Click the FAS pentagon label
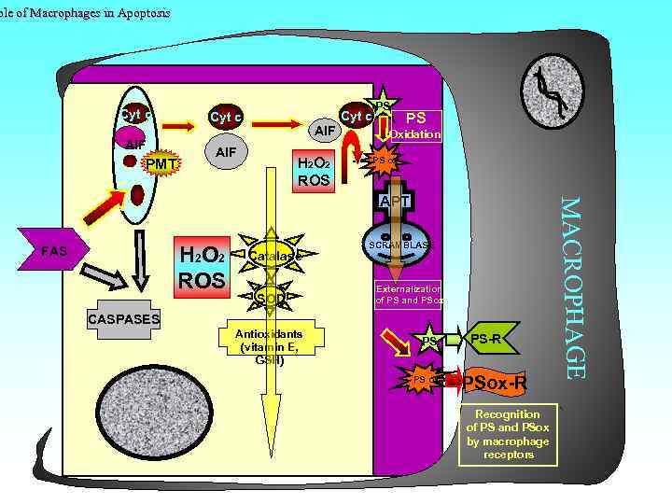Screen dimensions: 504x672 pos(57,252)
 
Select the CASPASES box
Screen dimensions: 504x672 pos(123,320)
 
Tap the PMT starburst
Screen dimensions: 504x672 pos(161,165)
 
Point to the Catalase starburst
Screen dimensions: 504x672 pos(273,254)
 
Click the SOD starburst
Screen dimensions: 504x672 pos(272,298)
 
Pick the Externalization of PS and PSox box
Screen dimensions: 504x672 pos(410,295)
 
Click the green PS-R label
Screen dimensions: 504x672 pos(489,338)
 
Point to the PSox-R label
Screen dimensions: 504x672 pos(495,383)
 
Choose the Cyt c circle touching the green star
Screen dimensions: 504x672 pos(357,117)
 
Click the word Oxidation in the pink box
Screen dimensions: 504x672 pos(415,134)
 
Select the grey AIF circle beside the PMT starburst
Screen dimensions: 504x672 pos(225,152)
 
